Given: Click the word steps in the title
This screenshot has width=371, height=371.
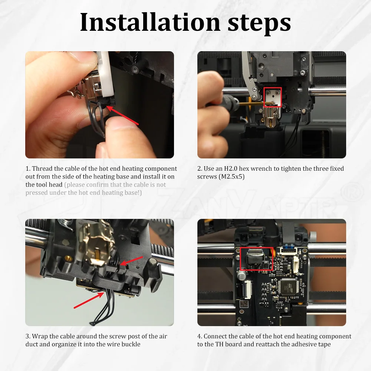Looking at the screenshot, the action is [259, 24].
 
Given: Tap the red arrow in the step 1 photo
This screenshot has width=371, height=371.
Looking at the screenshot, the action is [122, 115].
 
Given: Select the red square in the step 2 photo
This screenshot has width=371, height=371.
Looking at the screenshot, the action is [273, 97].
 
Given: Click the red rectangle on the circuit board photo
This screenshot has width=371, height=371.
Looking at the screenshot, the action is [256, 259].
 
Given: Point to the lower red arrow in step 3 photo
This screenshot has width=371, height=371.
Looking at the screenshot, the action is [89, 300].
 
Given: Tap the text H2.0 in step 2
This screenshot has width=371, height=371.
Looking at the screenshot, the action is [231, 169].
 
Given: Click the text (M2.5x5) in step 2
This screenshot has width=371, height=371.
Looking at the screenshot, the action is [232, 177].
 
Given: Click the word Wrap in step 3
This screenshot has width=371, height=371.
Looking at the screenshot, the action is [39, 336].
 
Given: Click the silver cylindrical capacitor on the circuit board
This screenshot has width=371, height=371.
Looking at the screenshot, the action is [241, 275].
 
